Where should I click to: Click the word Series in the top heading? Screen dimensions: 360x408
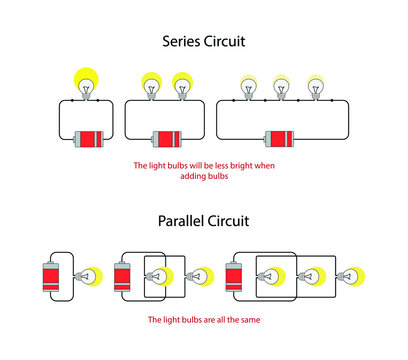183,42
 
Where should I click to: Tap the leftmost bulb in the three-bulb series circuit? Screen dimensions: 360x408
250,87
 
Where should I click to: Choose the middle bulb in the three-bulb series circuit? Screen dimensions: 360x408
282,87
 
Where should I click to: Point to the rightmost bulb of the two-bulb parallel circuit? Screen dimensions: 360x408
200,275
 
